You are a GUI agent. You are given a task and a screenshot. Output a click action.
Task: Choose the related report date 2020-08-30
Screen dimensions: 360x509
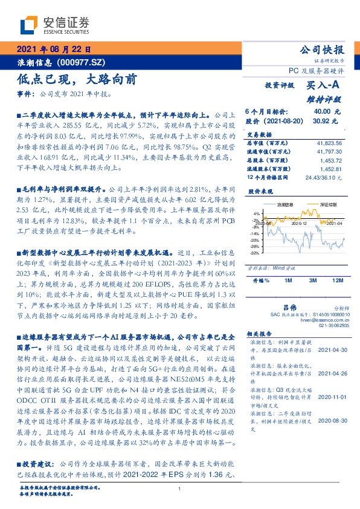point(331,420)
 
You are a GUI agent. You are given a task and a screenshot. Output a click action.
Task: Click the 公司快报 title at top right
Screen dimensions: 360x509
point(323,50)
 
